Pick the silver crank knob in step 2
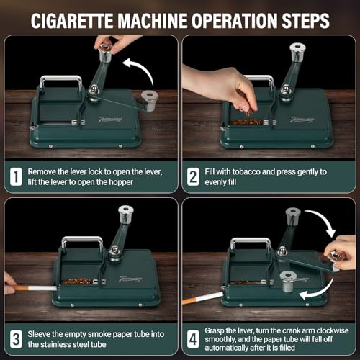click(295, 51)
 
